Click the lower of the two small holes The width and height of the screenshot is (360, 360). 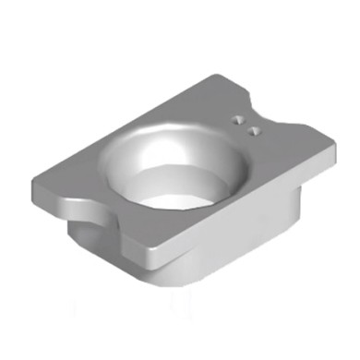point(253,132)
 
